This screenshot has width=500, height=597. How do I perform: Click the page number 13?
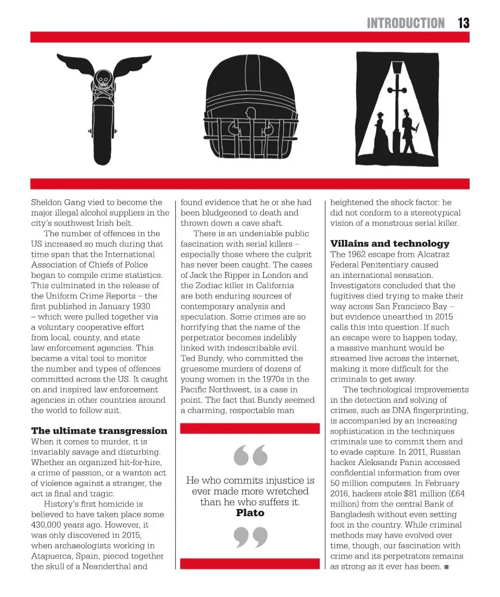click(463, 23)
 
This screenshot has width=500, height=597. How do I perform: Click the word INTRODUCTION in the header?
click(406, 23)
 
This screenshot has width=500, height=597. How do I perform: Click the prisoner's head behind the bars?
click(250, 114)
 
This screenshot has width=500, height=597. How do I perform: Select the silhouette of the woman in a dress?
click(381, 133)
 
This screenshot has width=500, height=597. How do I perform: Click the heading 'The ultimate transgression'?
click(99, 431)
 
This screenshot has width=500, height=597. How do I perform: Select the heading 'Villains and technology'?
click(390, 244)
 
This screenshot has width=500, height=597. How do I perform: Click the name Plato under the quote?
click(250, 512)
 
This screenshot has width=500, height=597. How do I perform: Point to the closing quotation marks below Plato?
click(250, 537)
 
